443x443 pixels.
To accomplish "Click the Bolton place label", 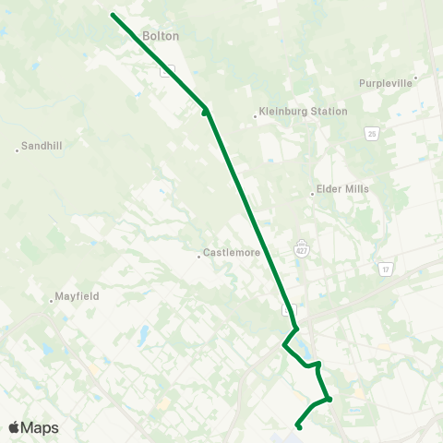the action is coord(161,36).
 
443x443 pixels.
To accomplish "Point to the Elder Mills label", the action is coord(342,189).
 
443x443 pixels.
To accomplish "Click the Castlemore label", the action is coord(232,252).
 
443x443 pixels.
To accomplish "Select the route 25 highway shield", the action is coord(370,135).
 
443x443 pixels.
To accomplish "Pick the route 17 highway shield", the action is coord(385,269).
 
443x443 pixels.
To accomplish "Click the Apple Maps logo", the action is coord(33,427).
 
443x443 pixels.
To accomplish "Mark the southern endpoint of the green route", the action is coord(298,426).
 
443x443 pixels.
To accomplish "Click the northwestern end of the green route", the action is coord(113,15).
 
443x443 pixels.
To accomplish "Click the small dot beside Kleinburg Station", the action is coord(256,116).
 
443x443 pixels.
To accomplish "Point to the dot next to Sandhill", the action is coord(18,150).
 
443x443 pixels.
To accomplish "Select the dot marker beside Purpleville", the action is coord(416,78).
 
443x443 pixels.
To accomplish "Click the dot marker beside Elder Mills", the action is coord(313,194).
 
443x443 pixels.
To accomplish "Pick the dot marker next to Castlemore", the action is coord(199,257).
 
